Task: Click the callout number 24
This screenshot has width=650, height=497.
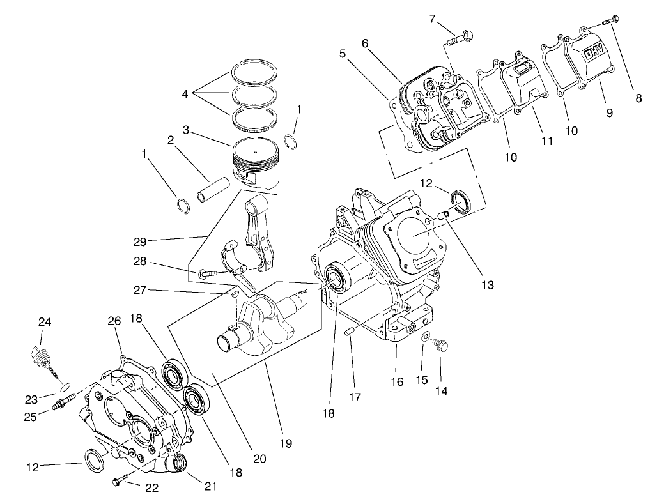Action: [44, 321]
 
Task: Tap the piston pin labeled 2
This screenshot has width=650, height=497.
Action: [206, 190]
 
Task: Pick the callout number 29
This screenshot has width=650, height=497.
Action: [141, 241]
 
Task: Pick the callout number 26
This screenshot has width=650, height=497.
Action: [113, 321]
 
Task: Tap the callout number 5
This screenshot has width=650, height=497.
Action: [343, 54]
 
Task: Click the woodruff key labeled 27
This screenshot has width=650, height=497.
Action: [235, 294]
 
